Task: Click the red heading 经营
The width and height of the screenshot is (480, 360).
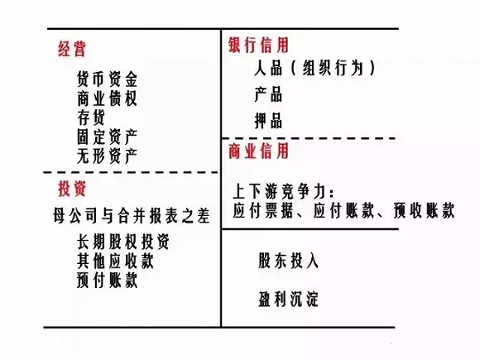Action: tap(72, 49)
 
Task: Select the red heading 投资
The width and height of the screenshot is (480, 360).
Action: tap(72, 188)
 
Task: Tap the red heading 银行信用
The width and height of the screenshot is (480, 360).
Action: tap(259, 45)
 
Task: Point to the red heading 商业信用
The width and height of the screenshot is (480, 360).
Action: tap(259, 151)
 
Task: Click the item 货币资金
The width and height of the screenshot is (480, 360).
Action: tap(107, 79)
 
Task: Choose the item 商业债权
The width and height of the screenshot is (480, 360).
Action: tap(107, 98)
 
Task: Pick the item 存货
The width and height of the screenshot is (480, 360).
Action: tap(91, 118)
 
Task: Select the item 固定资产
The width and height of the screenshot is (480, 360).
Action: tap(107, 137)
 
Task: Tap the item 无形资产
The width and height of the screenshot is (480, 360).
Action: tap(107, 156)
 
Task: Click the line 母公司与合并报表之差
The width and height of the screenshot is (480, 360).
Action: tap(132, 215)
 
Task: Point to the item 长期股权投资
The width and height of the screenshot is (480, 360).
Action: tap(122, 242)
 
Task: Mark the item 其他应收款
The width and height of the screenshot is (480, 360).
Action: tap(115, 261)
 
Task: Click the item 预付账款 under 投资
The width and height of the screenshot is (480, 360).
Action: tap(107, 280)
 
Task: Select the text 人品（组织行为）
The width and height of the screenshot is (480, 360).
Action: tap(315, 68)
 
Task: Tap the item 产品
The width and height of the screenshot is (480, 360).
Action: tap(268, 94)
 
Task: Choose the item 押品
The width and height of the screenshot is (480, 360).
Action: tap(268, 120)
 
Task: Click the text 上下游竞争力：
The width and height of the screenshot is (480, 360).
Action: tap(284, 191)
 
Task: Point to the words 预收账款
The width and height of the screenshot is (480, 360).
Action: tap(424, 210)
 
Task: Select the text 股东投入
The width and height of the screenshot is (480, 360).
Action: tap(288, 261)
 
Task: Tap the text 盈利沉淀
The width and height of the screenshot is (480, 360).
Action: tap(288, 299)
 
